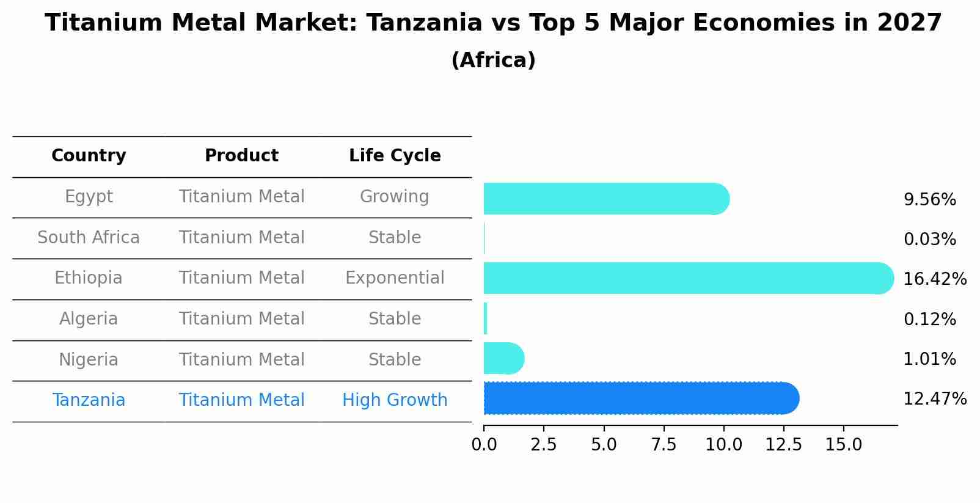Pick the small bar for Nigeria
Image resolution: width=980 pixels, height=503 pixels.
[503, 358]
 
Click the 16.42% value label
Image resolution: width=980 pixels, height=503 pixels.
[934, 279]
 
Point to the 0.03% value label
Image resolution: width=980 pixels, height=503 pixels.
[929, 240]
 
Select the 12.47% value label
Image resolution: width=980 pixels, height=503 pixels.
[934, 399]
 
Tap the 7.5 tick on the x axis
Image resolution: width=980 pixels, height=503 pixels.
[664, 445]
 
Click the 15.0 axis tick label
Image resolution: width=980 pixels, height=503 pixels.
[843, 445]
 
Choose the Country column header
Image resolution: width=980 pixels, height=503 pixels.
[89, 156]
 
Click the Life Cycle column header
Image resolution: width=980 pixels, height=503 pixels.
[395, 156]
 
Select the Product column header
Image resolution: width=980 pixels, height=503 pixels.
[241, 156]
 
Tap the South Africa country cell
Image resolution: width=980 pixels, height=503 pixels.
[89, 237]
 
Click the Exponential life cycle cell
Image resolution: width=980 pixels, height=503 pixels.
[395, 278]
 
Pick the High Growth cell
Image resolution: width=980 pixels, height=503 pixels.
[395, 400]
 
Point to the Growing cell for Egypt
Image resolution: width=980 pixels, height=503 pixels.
[395, 197]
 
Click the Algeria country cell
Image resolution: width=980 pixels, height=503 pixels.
[89, 319]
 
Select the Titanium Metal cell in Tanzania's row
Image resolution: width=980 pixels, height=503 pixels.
[241, 400]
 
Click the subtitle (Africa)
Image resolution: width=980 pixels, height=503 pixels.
[493, 61]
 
